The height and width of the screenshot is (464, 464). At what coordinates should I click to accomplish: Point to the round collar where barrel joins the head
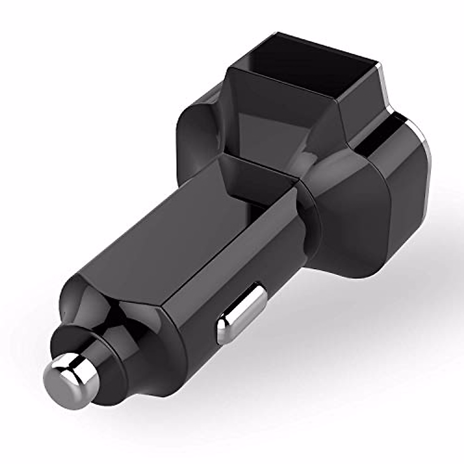click(x=309, y=217)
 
